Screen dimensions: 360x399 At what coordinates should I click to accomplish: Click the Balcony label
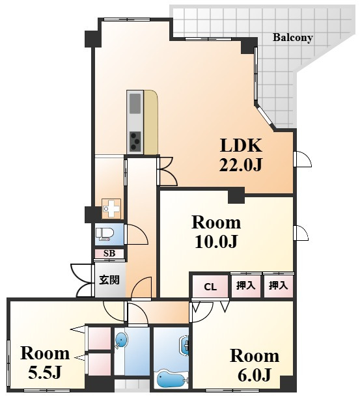[292, 38]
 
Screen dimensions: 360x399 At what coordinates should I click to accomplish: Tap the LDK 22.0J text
[241, 155]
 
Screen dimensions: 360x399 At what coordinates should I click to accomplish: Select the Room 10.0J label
[216, 232]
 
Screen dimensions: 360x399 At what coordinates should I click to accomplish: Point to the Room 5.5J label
[45, 363]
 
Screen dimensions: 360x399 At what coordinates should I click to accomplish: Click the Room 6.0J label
[255, 365]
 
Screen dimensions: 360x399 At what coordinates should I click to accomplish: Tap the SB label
[109, 253]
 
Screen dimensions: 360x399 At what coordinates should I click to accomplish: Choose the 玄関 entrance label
[109, 280]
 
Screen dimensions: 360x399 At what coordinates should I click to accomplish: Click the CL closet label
[210, 287]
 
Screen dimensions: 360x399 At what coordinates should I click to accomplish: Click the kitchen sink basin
[135, 103]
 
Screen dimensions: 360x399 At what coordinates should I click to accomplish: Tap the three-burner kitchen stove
[135, 141]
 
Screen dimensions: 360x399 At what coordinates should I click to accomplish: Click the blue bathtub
[171, 379]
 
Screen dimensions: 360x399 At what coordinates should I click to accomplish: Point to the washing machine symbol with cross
[111, 209]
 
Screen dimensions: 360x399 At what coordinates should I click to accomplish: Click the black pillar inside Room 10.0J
[236, 196]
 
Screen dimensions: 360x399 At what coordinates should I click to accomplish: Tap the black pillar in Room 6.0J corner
[288, 383]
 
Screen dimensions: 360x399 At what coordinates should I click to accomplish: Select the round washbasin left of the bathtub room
[120, 340]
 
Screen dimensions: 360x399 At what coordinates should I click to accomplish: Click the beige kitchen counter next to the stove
[151, 122]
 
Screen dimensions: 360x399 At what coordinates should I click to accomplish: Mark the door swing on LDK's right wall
[303, 159]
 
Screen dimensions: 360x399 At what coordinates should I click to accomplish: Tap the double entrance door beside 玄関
[81, 281]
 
